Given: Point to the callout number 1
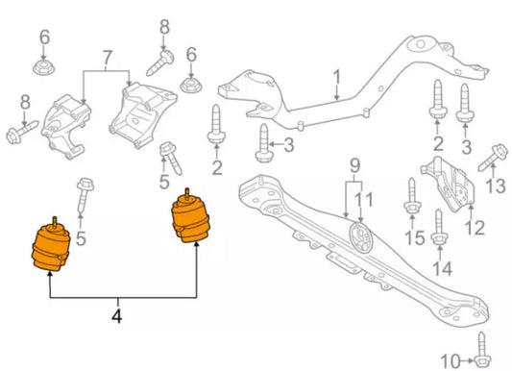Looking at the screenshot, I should (336, 75).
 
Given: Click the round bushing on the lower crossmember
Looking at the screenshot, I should (359, 237).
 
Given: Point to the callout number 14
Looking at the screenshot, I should (441, 271).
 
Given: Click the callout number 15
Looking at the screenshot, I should (413, 237).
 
